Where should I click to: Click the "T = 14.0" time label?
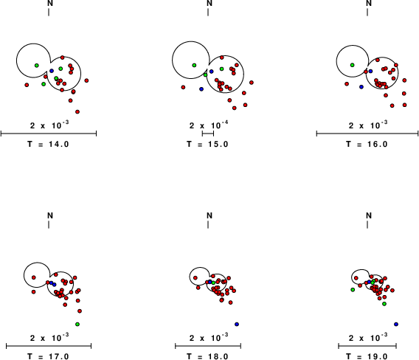click(48, 145)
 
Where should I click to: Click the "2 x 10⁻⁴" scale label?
click(209, 125)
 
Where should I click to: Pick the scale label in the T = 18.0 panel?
click(209, 337)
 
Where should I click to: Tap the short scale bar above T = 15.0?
click(208, 133)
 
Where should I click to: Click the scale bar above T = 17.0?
click(49, 346)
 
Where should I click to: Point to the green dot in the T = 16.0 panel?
click(352, 65)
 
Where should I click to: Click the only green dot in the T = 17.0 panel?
click(77, 324)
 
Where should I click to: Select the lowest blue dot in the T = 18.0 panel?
click(237, 324)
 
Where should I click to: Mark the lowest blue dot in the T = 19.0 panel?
click(396, 324)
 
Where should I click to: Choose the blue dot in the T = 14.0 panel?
click(52, 71)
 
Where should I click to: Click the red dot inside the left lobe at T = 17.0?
click(34, 277)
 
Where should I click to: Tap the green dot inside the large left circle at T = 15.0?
click(194, 65)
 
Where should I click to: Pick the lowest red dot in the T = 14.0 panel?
click(77, 111)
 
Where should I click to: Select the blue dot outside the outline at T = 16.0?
click(361, 87)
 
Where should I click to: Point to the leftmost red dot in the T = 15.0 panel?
click(183, 87)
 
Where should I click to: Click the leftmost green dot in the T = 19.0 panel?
click(353, 290)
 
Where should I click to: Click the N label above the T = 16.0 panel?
click(369, 3)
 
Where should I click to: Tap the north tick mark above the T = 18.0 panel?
click(208, 225)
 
